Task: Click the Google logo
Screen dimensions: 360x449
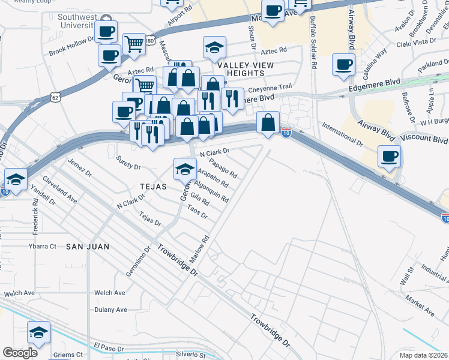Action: coord(20,352)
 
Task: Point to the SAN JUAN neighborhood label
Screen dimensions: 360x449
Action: coord(87,247)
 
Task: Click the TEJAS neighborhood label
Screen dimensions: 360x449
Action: coord(152,187)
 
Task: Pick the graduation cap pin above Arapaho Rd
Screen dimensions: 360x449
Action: coord(185,169)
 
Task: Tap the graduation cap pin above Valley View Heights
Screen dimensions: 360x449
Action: coord(214,48)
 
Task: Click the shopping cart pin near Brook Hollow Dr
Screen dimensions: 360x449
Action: coord(134,43)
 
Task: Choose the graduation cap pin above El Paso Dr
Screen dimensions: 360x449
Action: coord(38,331)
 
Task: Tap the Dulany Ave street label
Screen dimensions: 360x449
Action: coord(110,310)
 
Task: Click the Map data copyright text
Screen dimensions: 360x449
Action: coord(424,354)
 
